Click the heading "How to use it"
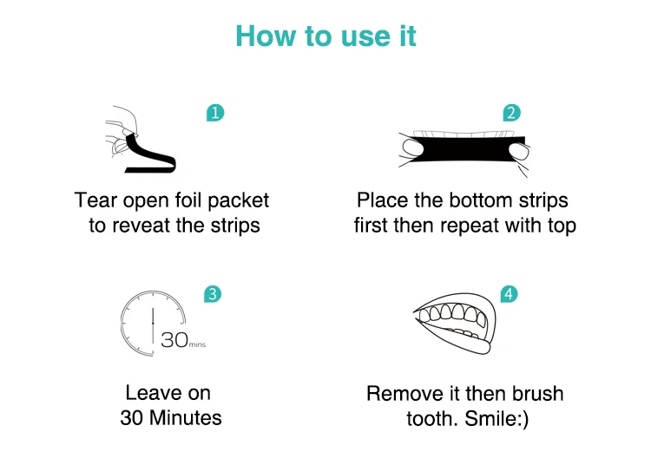(325, 36)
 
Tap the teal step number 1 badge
(215, 113)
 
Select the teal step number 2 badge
(511, 113)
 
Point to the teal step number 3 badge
(213, 294)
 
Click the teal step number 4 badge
(509, 294)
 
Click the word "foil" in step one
(188, 200)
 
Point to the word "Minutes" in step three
(185, 417)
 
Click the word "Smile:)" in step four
(496, 418)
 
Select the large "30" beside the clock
(174, 340)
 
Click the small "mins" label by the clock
(197, 344)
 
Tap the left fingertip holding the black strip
(412, 147)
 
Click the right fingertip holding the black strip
(519, 151)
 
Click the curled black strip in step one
(150, 156)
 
